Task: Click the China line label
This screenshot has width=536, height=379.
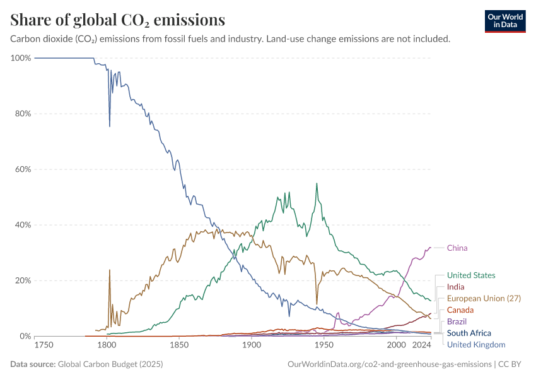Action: [457, 248]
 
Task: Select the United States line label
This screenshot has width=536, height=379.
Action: [470, 275]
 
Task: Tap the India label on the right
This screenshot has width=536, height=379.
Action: [455, 287]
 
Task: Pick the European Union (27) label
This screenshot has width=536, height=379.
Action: [484, 298]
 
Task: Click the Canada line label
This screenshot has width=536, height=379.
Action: [460, 310]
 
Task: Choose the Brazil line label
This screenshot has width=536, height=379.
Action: [457, 322]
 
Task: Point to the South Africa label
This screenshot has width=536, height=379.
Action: [469, 333]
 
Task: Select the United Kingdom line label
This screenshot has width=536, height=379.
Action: [476, 344]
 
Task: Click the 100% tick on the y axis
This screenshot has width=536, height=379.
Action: [21, 58]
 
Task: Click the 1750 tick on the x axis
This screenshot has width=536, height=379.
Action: [44, 345]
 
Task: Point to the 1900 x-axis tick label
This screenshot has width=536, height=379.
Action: [252, 345]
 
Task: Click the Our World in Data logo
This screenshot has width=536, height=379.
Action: [505, 20]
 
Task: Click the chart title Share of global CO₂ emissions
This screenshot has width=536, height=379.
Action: [118, 20]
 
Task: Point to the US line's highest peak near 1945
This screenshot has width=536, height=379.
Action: [317, 184]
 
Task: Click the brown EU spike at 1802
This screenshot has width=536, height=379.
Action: [110, 270]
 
